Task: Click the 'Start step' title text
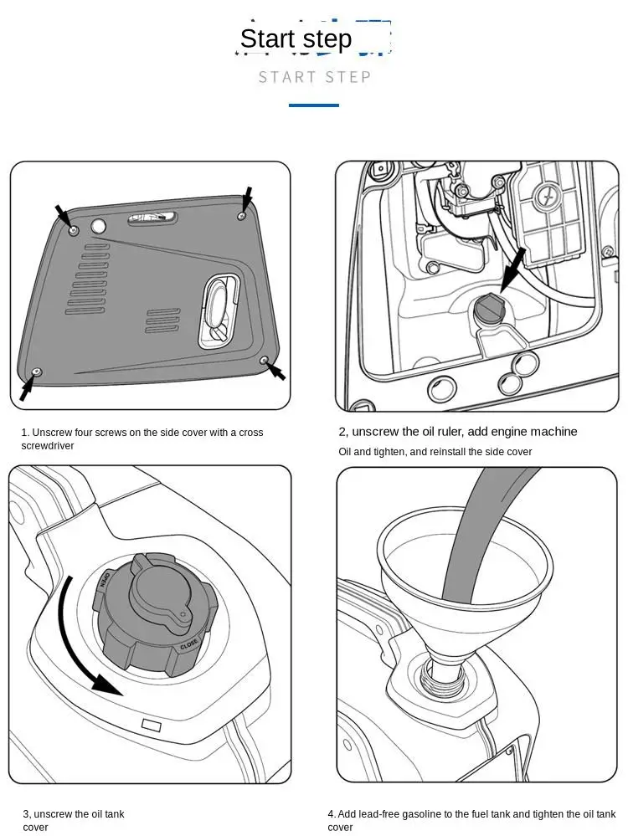click(296, 38)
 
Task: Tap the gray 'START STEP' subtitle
click(314, 77)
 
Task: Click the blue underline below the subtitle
click(314, 105)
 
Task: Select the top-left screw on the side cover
click(74, 229)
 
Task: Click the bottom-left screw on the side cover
click(36, 371)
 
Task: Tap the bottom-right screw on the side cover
click(265, 360)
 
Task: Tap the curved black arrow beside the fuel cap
click(80, 644)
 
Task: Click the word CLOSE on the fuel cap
click(189, 645)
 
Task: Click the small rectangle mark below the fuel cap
click(152, 725)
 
